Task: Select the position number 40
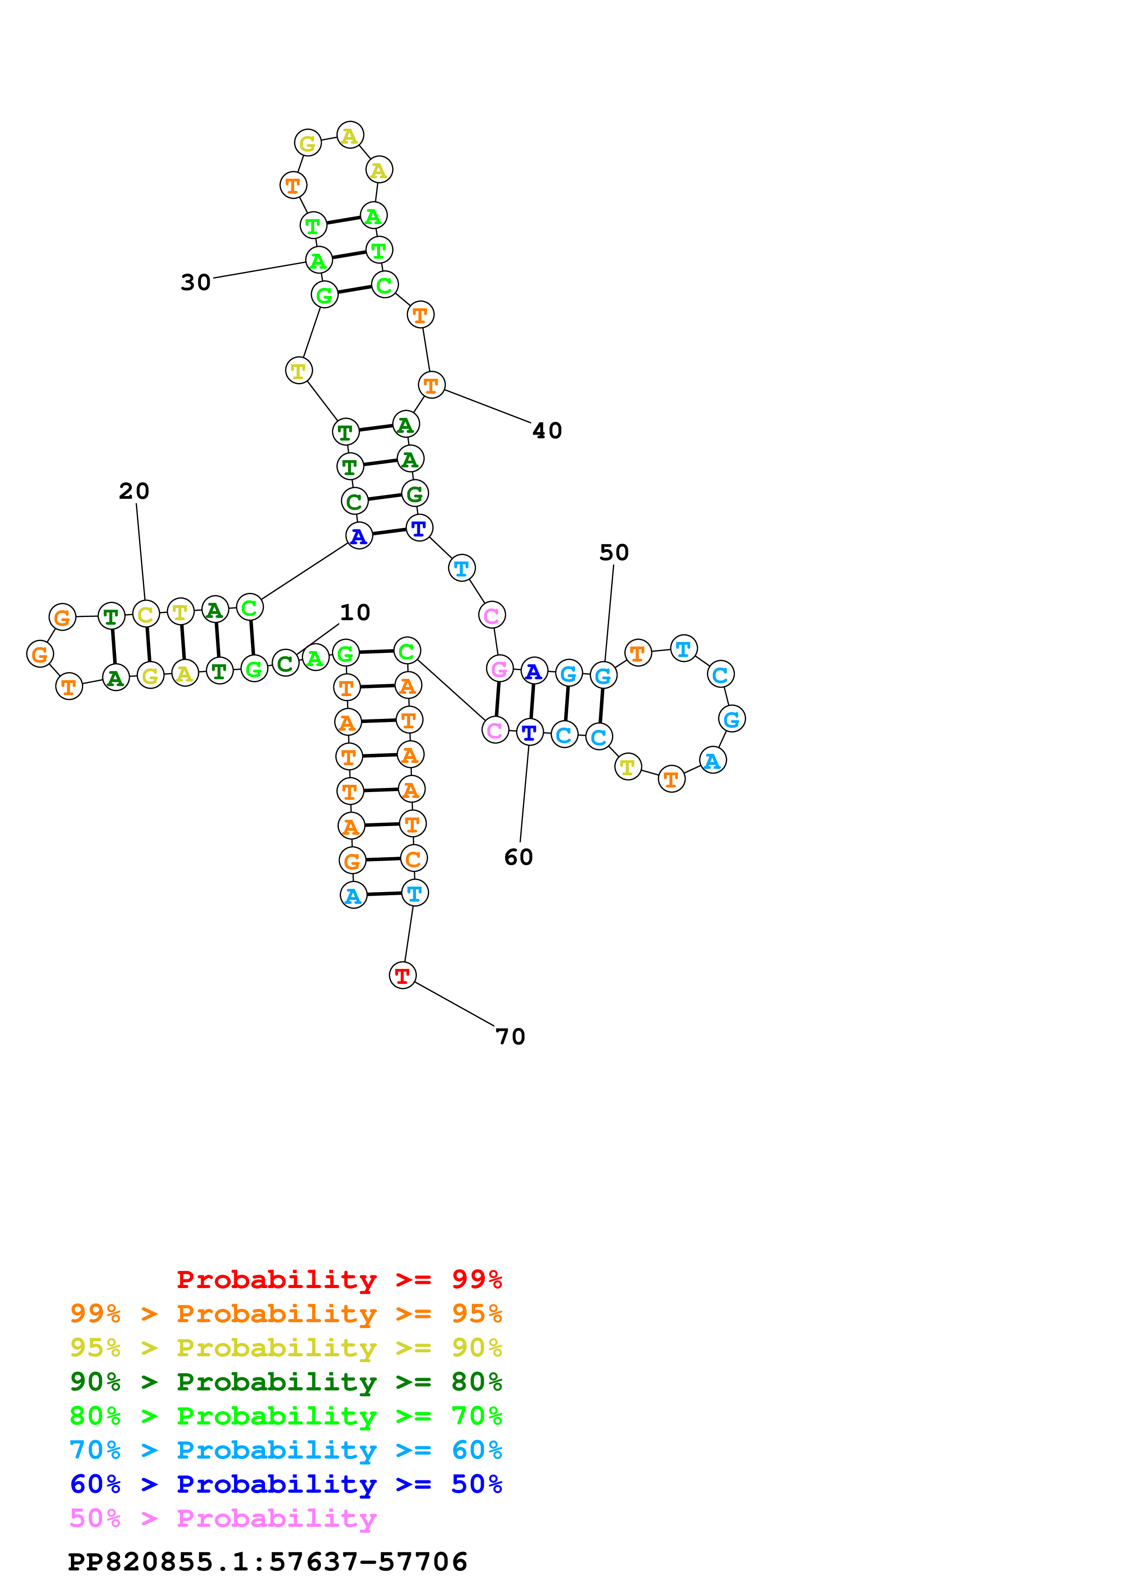[547, 431]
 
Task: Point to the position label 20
[134, 491]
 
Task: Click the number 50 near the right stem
[614, 553]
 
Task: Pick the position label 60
[519, 857]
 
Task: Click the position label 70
[511, 1037]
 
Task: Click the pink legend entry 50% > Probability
[222, 1519]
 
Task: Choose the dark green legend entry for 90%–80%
[286, 1382]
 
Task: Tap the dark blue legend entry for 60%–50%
[286, 1484]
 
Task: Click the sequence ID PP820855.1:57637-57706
[267, 1562]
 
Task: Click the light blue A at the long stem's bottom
[353, 895]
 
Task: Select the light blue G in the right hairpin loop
[732, 719]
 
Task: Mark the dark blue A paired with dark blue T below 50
[533, 672]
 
